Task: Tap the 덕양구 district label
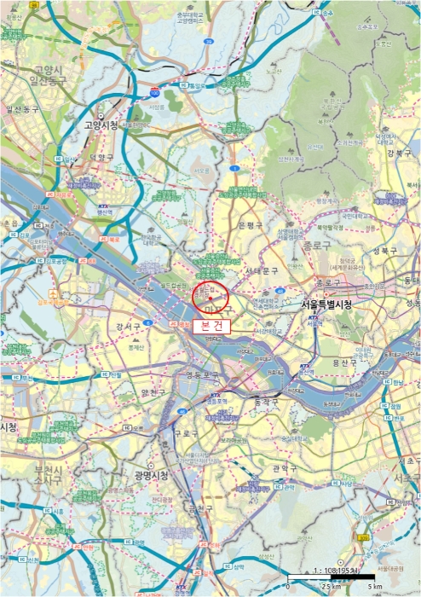point(101,158)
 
